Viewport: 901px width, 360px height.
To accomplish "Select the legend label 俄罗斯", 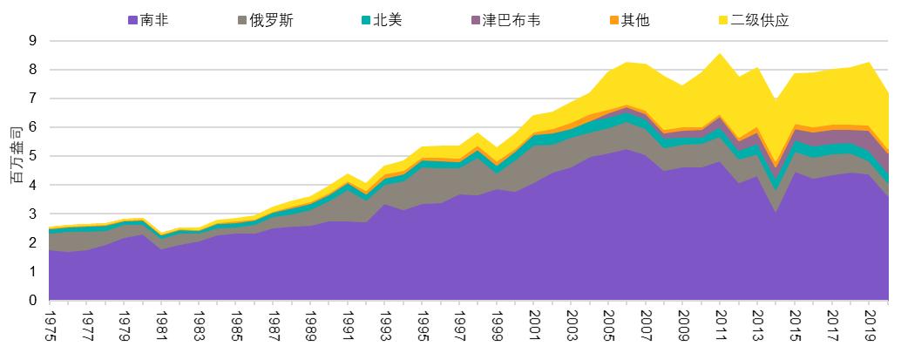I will coord(271,20).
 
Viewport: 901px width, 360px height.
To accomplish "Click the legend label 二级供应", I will coord(760,20).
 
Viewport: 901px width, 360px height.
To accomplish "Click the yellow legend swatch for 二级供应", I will coord(723,20).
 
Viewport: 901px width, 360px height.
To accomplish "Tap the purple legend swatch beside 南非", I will coord(132,20).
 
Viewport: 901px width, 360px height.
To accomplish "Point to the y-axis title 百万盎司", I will coord(15,157).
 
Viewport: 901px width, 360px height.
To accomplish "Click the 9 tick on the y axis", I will coord(33,41).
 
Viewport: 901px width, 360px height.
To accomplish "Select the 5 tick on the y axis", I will coord(33,157).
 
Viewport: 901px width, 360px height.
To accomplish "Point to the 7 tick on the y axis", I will coord(33,98).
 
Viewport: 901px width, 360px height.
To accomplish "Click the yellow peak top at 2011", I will coord(721,54).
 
